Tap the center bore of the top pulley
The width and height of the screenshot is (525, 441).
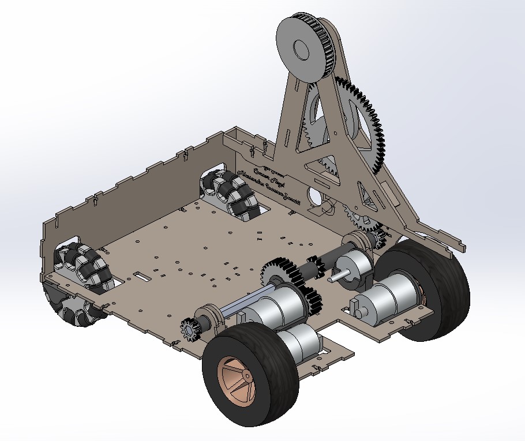tap(300, 50)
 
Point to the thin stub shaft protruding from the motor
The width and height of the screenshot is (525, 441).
tap(334, 277)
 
